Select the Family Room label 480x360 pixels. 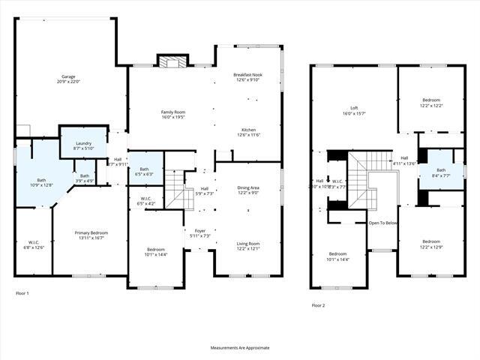click(172, 112)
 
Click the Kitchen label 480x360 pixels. click(247, 128)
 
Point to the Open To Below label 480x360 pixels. click(382, 223)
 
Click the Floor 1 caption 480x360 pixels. click(22, 292)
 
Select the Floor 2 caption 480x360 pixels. click(319, 305)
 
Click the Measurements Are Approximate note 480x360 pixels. click(239, 347)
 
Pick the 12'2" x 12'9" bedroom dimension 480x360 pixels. click(431, 247)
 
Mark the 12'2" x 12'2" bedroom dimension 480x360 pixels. click(431, 106)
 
